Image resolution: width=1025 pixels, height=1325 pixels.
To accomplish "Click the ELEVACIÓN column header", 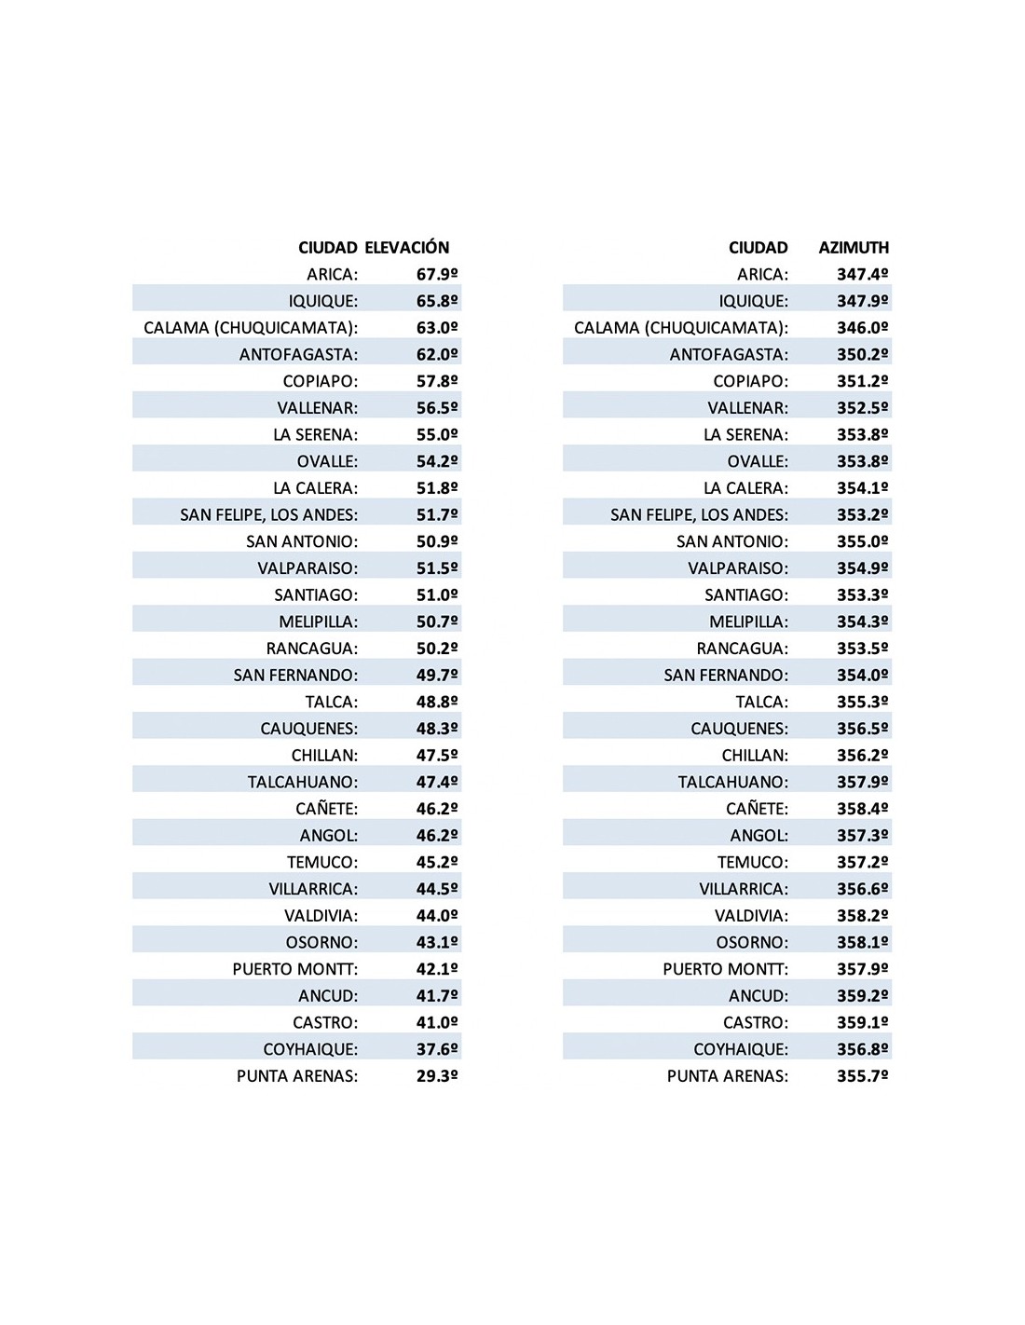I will (x=406, y=248).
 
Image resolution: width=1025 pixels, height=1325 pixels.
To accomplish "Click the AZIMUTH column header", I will (x=854, y=248).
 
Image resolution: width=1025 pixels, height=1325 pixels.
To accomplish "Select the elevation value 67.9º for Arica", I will (x=437, y=275).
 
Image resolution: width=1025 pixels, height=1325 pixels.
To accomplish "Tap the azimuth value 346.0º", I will (x=862, y=328).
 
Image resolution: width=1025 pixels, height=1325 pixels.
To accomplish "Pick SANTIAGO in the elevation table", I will (x=316, y=595).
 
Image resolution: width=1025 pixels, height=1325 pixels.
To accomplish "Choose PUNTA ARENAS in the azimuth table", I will (x=727, y=1076).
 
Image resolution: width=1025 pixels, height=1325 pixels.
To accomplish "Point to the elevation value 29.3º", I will (x=437, y=1076).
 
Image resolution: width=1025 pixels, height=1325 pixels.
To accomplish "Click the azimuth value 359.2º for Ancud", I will (x=862, y=996).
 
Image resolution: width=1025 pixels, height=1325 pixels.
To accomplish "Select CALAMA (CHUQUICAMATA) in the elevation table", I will (x=251, y=328).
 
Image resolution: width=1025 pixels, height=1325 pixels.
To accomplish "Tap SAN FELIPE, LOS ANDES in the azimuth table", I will (x=699, y=515).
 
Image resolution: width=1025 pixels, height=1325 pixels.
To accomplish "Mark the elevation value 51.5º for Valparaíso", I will (x=437, y=568).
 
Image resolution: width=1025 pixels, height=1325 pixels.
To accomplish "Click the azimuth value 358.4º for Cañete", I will (x=862, y=809).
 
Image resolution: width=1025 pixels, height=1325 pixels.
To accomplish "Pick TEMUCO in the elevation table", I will (x=322, y=863).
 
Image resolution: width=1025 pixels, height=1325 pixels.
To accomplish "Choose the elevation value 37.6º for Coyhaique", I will (x=437, y=1049).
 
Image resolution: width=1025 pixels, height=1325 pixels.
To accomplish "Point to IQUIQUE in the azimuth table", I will (x=753, y=302).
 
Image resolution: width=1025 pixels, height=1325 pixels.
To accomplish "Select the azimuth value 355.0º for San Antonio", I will (x=862, y=541).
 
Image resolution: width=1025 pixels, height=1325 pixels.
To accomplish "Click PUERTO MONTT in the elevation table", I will (x=295, y=969).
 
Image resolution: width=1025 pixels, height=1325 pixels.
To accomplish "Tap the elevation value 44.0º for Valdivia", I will (x=437, y=916).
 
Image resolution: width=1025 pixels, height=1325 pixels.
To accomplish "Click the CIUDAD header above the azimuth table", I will (x=758, y=248).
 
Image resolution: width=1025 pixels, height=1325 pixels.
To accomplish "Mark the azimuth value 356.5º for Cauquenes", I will (x=862, y=729).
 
